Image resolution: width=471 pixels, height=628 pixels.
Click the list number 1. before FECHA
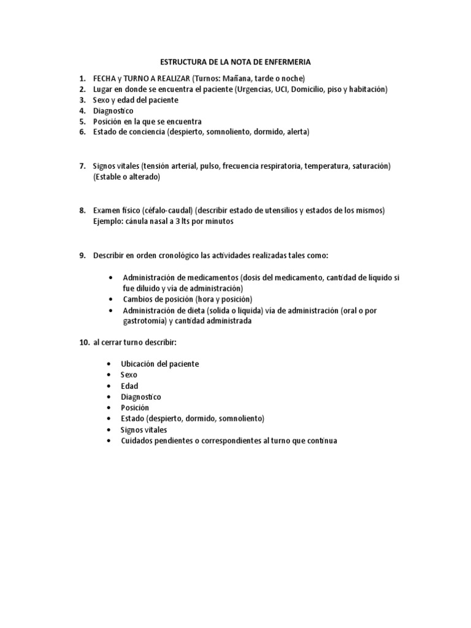[82, 78]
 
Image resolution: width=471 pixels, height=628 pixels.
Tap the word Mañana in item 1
[239, 78]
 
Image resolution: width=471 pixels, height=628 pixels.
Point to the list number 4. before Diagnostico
[82, 111]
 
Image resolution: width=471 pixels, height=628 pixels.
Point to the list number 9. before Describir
[82, 255]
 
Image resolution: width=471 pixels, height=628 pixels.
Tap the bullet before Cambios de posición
[109, 299]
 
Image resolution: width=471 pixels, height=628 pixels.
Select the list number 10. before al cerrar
[84, 342]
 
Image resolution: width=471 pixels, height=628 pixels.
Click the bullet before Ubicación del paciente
[109, 364]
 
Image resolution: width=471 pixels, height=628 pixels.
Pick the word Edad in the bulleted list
[129, 386]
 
